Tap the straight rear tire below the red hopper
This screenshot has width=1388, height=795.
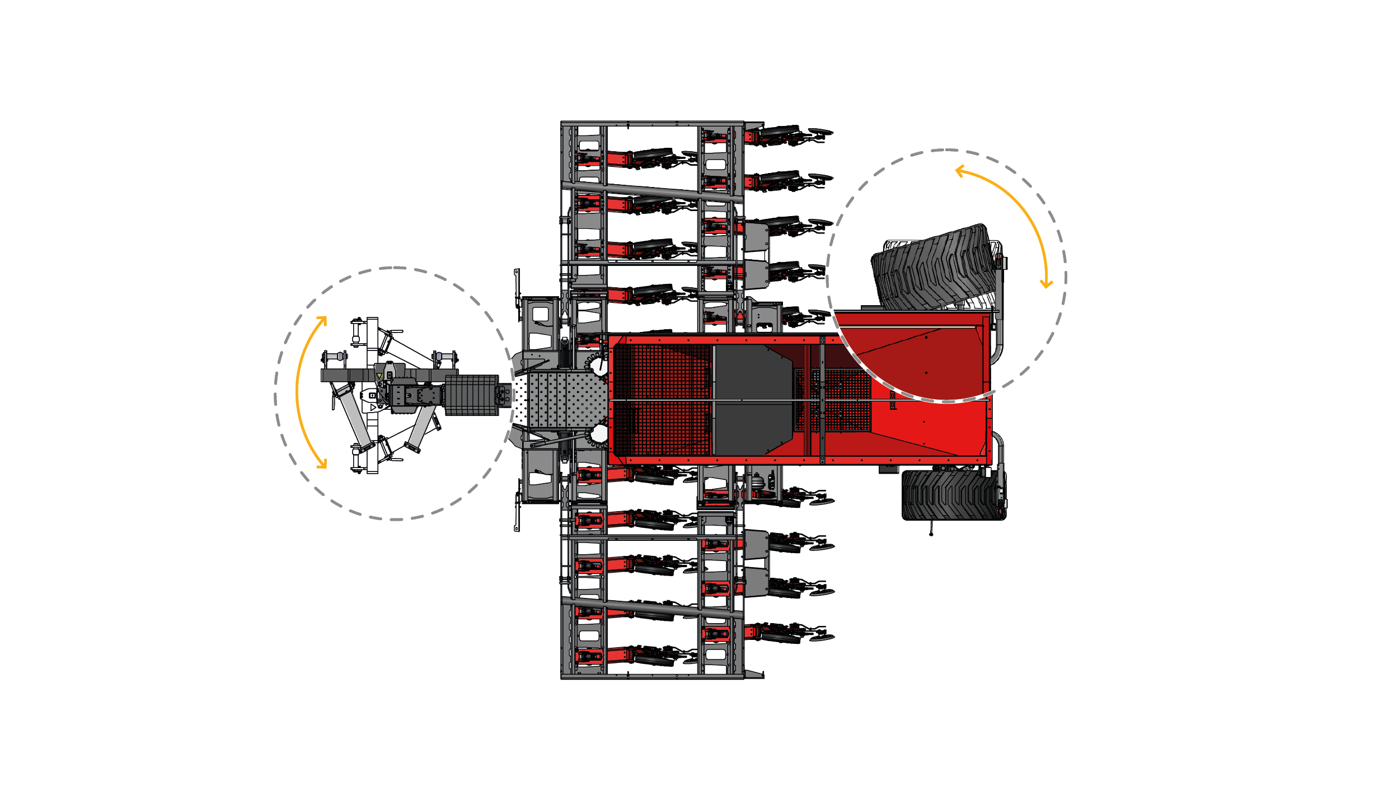(953, 495)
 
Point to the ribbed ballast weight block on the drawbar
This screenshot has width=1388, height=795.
(471, 395)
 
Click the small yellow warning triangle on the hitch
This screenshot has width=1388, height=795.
(379, 376)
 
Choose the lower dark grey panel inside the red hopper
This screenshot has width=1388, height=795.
(753, 429)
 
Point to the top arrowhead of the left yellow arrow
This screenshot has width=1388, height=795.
(323, 320)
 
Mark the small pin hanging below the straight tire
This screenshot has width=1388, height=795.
(931, 534)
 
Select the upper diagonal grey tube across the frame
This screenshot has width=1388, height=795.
(652, 191)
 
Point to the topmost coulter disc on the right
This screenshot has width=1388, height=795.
(820, 132)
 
